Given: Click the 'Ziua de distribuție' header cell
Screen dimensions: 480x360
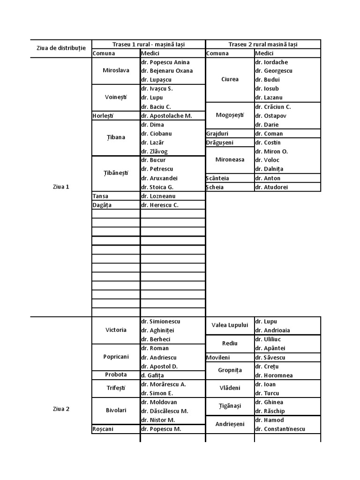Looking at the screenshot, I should [61, 48].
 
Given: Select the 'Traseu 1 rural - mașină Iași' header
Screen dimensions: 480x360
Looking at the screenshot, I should [149, 45].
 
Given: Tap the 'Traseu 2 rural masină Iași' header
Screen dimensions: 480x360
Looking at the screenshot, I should [263, 45].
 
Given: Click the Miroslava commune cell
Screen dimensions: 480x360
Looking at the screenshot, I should [116, 71].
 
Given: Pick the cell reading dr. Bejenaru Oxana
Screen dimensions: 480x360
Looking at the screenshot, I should [167, 71].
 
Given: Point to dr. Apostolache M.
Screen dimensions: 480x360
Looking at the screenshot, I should [166, 115].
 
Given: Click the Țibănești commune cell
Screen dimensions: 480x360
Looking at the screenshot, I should [116, 173].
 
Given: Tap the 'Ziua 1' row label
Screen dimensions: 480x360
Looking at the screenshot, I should [61, 187].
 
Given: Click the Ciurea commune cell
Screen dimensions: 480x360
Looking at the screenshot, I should [230, 79].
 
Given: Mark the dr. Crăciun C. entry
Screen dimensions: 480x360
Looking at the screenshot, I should [273, 106].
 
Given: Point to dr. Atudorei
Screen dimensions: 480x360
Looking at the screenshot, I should [272, 187].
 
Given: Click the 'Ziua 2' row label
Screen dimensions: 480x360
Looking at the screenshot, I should [61, 409].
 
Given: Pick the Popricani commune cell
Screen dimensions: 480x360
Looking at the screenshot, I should [116, 357].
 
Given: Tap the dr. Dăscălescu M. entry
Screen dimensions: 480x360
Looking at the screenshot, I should [165, 411].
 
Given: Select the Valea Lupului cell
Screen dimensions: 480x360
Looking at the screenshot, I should [230, 325].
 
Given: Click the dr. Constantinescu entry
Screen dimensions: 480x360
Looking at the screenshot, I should [280, 429].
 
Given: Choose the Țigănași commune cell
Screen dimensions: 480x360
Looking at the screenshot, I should [230, 406].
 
